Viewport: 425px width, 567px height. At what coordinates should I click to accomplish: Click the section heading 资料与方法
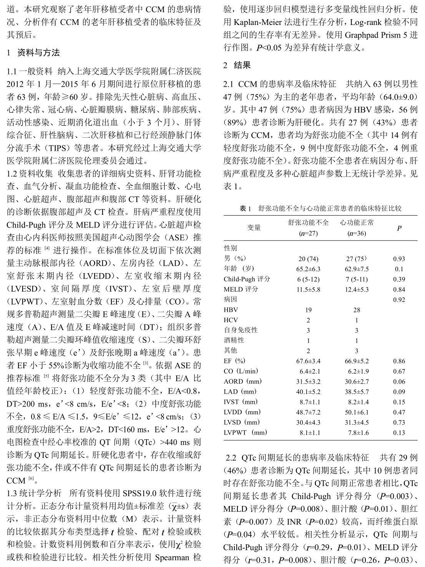38,53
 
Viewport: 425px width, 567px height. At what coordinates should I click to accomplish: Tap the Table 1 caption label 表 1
245,208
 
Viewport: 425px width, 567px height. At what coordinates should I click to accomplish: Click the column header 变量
254,227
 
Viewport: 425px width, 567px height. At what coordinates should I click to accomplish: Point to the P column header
399,228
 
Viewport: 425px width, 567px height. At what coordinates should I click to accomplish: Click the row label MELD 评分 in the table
241,289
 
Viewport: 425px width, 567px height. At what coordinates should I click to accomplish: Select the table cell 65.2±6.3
308,269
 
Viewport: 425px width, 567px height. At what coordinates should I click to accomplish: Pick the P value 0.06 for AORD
399,382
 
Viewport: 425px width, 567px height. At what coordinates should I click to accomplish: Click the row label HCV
231,320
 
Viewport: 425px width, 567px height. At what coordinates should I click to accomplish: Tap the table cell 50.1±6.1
357,412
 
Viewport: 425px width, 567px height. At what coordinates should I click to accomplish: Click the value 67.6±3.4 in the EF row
308,361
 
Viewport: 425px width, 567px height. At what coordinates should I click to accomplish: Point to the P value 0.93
399,259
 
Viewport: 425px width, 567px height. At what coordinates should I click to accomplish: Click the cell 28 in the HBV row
357,310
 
